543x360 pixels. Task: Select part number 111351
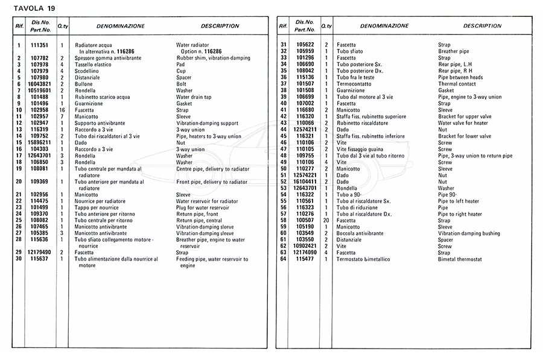pos(40,45)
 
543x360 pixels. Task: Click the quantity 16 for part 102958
pos(62,110)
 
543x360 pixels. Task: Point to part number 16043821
pos(40,84)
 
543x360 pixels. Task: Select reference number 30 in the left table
pos(19,259)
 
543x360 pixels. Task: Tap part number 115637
pos(40,259)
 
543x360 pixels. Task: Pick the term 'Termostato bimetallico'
pos(365,259)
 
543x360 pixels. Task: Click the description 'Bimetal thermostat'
pos(460,259)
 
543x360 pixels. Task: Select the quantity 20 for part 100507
pos(326,221)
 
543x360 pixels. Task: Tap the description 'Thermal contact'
pos(457,84)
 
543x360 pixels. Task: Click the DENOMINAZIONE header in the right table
pos(384,27)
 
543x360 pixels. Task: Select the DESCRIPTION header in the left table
pos(220,27)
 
